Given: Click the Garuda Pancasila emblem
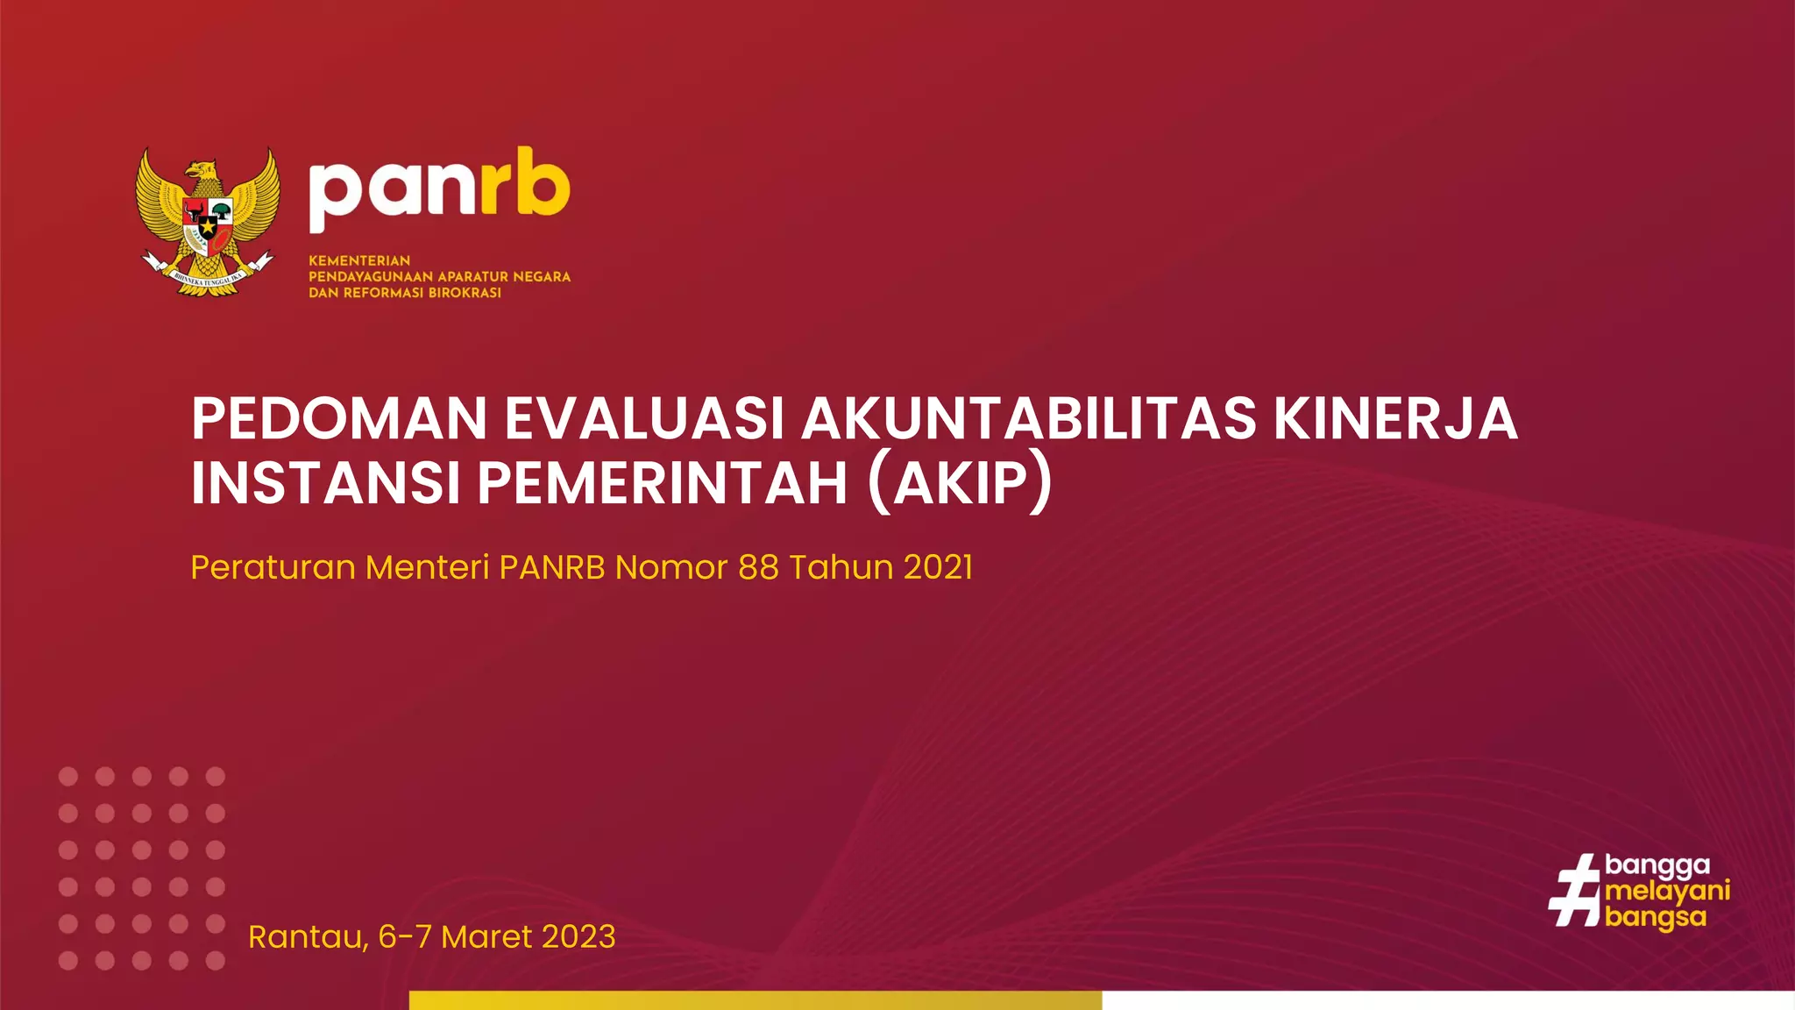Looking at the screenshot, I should tap(208, 222).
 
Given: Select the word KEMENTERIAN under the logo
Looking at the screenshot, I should tap(359, 260).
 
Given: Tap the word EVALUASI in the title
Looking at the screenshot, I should tap(644, 419).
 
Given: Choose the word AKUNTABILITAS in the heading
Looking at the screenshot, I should tap(1029, 419).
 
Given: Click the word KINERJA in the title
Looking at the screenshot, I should tap(1395, 419).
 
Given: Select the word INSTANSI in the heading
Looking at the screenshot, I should tap(325, 483).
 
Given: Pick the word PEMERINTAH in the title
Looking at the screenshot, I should tap(663, 483).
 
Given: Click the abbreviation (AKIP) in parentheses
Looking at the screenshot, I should tap(961, 483).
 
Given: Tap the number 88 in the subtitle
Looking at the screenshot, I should tap(758, 567).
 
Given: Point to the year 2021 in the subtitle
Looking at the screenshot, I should tap(938, 567).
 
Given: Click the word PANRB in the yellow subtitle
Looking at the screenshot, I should tap(552, 567).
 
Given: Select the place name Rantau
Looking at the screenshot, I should tap(307, 937).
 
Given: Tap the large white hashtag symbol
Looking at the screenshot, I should tap(1575, 891).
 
